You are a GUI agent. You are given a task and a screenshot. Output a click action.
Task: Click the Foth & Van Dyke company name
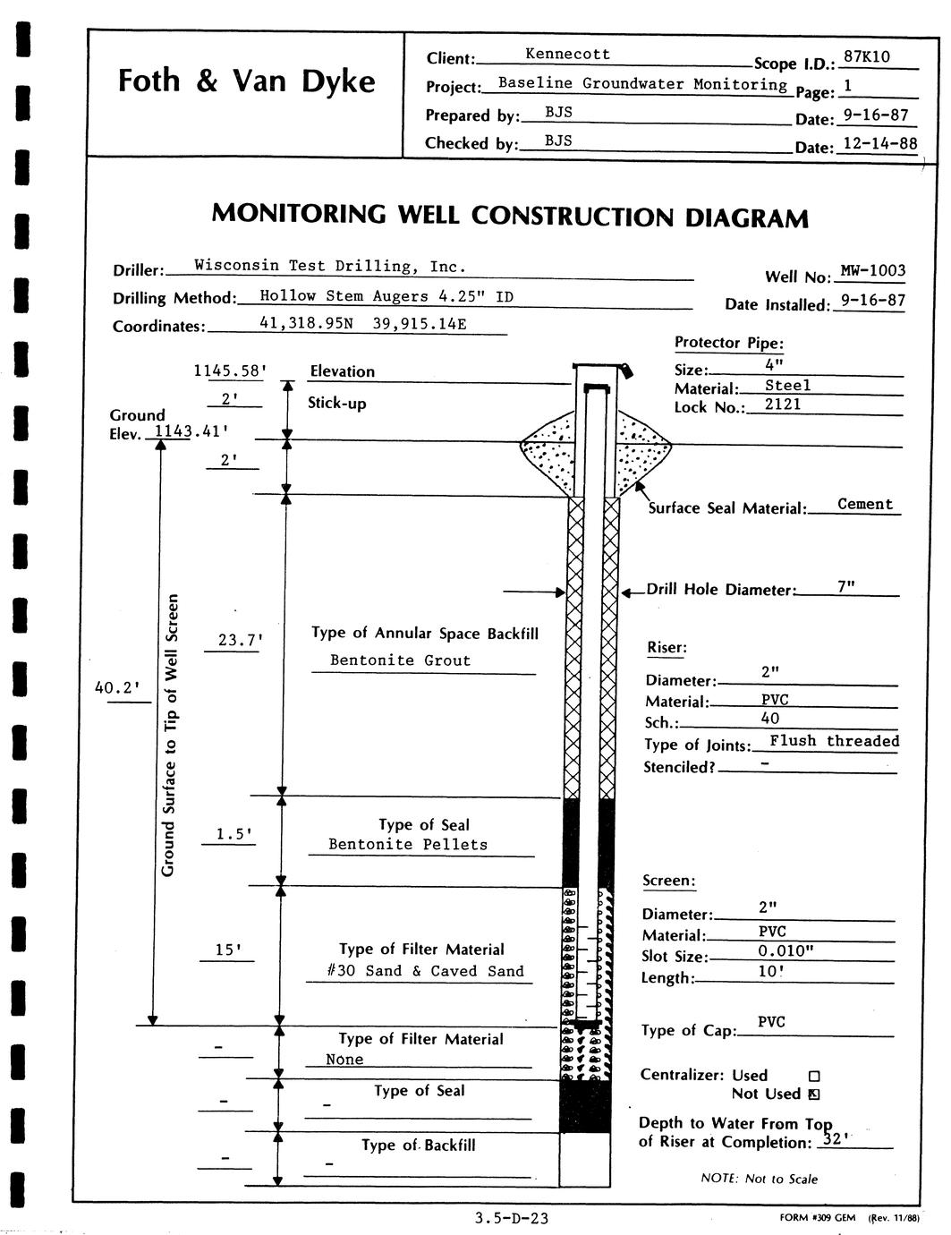(246, 82)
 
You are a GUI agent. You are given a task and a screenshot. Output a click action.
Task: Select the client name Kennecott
(567, 55)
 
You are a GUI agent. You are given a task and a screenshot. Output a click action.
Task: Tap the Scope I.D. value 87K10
(866, 57)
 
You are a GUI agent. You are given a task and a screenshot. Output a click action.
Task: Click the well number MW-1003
(873, 271)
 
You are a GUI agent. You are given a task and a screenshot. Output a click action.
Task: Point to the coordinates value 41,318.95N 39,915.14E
(362, 323)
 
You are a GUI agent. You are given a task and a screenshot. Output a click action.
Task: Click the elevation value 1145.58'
(230, 369)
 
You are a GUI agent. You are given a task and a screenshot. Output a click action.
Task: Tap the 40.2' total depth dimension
(117, 687)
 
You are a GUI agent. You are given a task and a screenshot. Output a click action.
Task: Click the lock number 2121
(783, 405)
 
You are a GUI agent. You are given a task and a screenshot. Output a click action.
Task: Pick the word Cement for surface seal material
(865, 504)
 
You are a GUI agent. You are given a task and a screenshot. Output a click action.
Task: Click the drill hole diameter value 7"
(845, 585)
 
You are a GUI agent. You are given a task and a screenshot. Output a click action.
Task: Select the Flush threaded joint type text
(834, 741)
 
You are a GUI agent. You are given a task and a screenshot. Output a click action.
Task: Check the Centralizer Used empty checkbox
(814, 1077)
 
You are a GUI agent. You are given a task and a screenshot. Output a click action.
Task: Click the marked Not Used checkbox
(814, 1094)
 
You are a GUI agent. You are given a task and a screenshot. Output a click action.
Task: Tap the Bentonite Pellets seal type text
(408, 844)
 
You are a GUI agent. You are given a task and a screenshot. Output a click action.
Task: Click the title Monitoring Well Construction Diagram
(510, 216)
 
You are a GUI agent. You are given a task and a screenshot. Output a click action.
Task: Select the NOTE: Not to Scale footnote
(759, 1179)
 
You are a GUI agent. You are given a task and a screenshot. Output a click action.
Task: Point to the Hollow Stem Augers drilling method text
(386, 295)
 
